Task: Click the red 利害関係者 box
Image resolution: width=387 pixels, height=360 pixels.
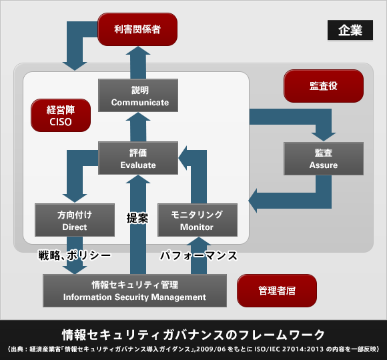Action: point(138,29)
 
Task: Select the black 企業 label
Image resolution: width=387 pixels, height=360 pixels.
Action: point(345,30)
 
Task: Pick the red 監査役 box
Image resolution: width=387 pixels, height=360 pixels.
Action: point(324,85)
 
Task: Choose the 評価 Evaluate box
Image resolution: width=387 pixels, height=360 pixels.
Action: point(137,159)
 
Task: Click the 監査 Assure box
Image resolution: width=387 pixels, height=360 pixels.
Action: point(323,159)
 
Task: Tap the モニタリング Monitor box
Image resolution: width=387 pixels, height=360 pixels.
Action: point(197,220)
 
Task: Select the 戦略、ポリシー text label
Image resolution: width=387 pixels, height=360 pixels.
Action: point(74,255)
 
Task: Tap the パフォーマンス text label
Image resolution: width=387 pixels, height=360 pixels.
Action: point(198,255)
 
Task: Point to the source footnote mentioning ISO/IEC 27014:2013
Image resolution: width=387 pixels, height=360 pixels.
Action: point(193,349)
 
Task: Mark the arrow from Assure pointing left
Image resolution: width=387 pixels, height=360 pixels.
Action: point(287,198)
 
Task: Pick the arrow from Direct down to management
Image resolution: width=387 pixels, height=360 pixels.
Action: point(75,261)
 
